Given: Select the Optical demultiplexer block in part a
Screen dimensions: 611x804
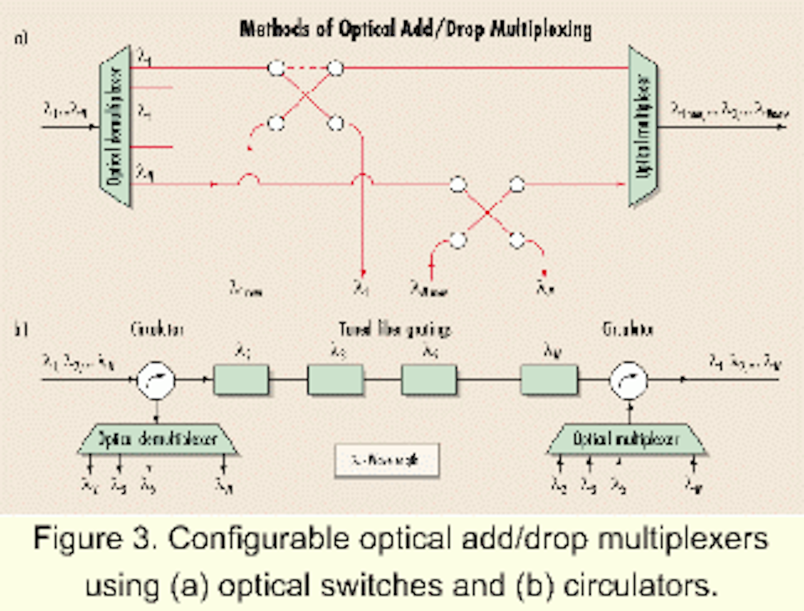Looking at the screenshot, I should (115, 126).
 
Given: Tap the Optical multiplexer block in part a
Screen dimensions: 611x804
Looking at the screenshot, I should (643, 126).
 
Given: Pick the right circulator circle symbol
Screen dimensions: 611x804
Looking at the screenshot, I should (629, 380).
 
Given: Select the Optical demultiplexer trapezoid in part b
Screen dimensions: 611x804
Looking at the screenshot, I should (157, 439).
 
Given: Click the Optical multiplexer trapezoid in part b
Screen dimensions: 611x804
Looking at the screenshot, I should (626, 439).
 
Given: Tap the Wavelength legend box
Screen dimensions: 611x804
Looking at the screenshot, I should (386, 460).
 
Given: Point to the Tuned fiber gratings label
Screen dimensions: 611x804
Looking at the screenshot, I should (395, 330).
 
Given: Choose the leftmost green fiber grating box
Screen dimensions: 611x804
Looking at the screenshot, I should (241, 380).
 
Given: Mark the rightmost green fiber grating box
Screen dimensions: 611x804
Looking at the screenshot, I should (549, 380).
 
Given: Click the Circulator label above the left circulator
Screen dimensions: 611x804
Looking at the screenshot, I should (157, 330).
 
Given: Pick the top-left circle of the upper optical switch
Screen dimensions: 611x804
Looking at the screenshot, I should (276, 68).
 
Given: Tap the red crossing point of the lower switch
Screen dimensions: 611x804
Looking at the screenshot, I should (487, 213).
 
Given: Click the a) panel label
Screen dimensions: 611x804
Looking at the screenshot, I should (21, 38).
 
